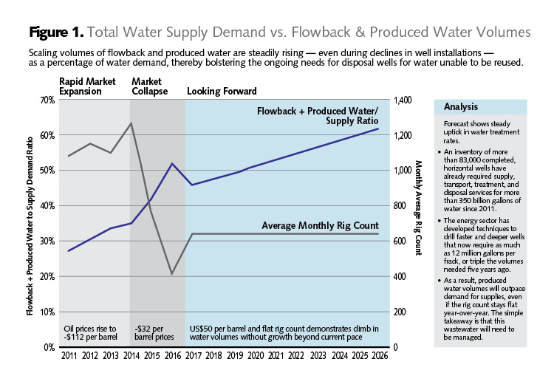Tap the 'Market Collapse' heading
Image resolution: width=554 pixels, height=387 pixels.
coord(149,86)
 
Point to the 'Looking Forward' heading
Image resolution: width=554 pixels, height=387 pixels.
coord(222,92)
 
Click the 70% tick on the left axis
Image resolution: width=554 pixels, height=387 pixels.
coord(47,100)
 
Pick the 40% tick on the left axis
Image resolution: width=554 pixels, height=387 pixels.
coord(47,205)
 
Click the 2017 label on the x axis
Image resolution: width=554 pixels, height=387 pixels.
coord(193,357)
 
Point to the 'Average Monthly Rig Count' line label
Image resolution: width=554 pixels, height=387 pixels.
coord(321,225)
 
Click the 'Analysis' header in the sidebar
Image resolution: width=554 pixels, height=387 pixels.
coord(461,106)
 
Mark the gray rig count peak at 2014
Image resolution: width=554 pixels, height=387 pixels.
coord(131,123)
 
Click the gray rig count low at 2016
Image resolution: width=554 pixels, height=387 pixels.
coord(172,274)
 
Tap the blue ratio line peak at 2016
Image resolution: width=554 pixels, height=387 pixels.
coord(172,163)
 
